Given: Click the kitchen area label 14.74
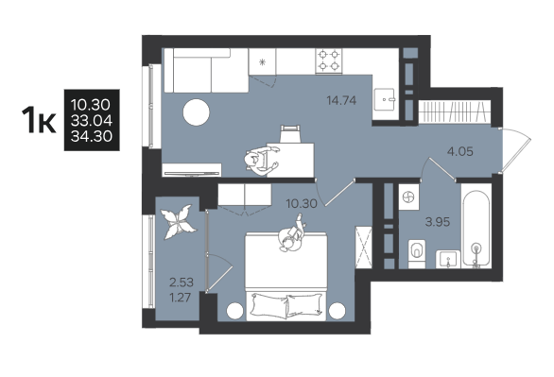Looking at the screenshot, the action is pyautogui.click(x=341, y=100).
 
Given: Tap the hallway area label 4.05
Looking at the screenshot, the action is pyautogui.click(x=459, y=152).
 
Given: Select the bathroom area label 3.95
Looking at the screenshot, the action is pyautogui.click(x=438, y=222).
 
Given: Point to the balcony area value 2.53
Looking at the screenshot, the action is pyautogui.click(x=182, y=283).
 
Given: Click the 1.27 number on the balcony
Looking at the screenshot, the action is pyautogui.click(x=181, y=298).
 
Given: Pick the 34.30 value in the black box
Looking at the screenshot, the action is pyautogui.click(x=92, y=136).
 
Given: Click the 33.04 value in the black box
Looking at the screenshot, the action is pyautogui.click(x=92, y=120).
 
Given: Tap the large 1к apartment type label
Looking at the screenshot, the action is pyautogui.click(x=39, y=120).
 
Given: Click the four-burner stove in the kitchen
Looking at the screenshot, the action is pyautogui.click(x=329, y=60).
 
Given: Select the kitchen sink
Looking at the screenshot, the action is pyautogui.click(x=384, y=99).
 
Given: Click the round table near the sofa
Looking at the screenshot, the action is pyautogui.click(x=196, y=112).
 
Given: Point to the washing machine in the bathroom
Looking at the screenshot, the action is pyautogui.click(x=409, y=197).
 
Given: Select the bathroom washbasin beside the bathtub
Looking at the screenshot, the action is pyautogui.click(x=448, y=260).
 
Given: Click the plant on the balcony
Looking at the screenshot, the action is pyautogui.click(x=178, y=222).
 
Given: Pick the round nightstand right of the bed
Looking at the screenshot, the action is pyautogui.click(x=337, y=311).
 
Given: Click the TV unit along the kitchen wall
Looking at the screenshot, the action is pyautogui.click(x=192, y=170).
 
